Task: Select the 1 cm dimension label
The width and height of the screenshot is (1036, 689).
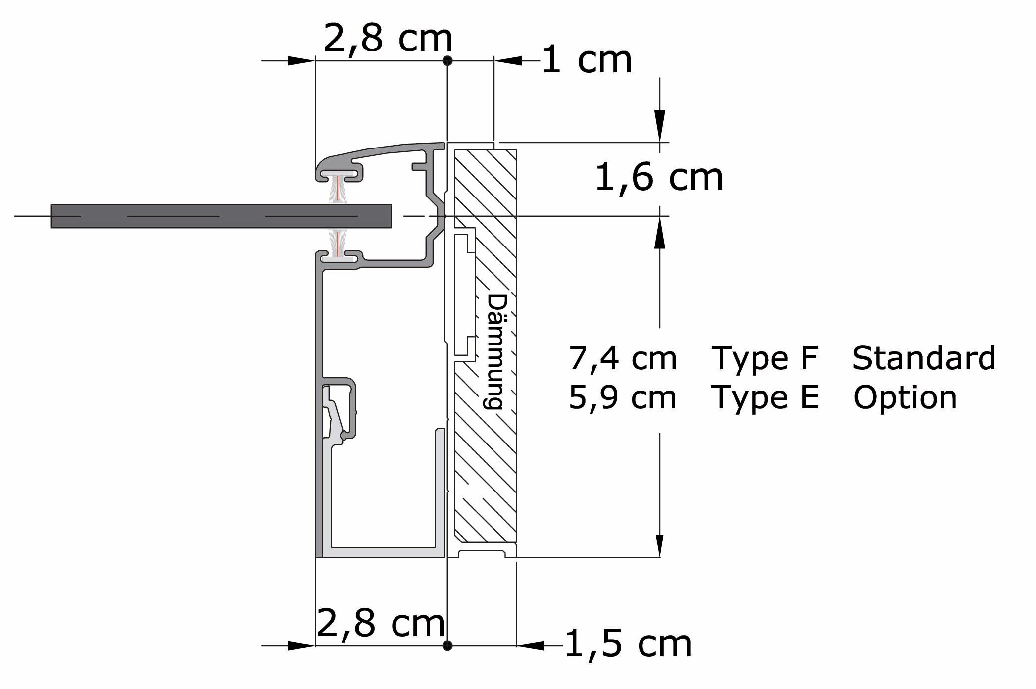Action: point(587,60)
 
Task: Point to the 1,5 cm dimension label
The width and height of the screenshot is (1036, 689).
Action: point(628,644)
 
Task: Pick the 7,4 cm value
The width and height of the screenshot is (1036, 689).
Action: point(623,358)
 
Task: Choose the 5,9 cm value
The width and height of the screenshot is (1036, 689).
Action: point(623,397)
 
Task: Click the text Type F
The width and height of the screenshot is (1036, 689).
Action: point(765,358)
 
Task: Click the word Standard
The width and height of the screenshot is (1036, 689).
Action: point(924,358)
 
